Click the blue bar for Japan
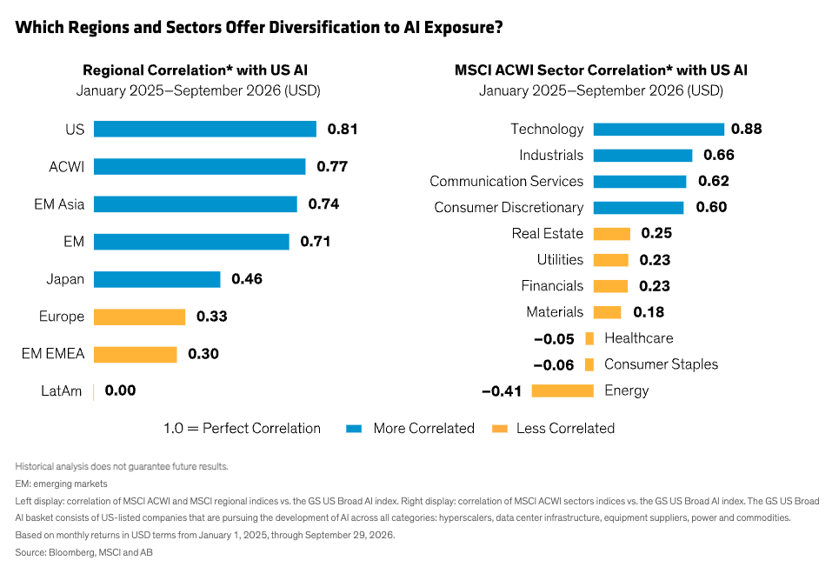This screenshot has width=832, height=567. pyautogui.click(x=157, y=279)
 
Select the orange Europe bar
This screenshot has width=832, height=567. pyautogui.click(x=140, y=317)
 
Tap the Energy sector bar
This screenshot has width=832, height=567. pyautogui.click(x=562, y=390)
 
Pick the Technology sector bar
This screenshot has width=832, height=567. pyautogui.click(x=658, y=130)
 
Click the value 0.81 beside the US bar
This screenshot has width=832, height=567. pyautogui.click(x=343, y=129)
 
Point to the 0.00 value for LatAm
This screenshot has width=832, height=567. pyautogui.click(x=120, y=390)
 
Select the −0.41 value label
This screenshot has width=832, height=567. pyautogui.click(x=502, y=391)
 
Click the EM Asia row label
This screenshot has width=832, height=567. pyautogui.click(x=59, y=204)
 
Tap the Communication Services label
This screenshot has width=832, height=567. pyautogui.click(x=506, y=182)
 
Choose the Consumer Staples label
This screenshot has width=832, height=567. pyautogui.click(x=661, y=364)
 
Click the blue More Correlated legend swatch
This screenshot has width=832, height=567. pyautogui.click(x=354, y=429)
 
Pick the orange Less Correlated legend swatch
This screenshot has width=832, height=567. pyautogui.click(x=500, y=429)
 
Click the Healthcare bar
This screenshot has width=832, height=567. pyautogui.click(x=589, y=338)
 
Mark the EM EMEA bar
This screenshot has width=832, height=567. pyautogui.click(x=136, y=354)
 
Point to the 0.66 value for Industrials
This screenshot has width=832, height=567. pyautogui.click(x=719, y=155)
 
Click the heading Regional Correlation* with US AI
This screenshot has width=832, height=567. pyautogui.click(x=196, y=70)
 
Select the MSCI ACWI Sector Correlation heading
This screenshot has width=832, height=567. pyautogui.click(x=602, y=70)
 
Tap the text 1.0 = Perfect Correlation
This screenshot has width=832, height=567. pyautogui.click(x=242, y=429)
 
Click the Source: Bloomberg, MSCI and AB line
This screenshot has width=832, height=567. pyautogui.click(x=83, y=553)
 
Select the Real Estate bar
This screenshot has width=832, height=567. pyautogui.click(x=612, y=234)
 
